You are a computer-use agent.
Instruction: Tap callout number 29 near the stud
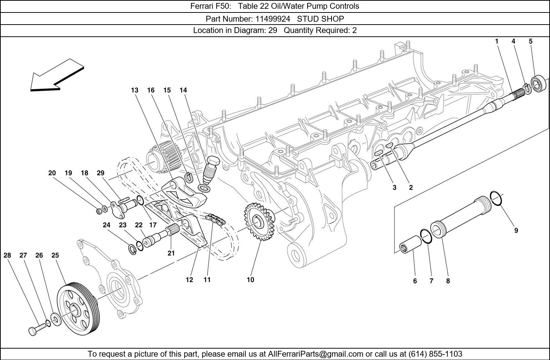pos(100,173)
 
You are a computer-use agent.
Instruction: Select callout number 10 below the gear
pos(250,280)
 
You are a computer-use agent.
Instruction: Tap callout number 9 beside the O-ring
pos(516,231)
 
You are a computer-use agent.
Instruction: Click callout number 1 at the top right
pos(497,41)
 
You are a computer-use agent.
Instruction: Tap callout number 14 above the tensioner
pos(183,90)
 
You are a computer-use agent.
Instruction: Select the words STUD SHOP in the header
pos(320,19)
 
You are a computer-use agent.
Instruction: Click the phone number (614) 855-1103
pos(435,354)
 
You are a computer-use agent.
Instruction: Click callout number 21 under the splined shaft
pos(171,253)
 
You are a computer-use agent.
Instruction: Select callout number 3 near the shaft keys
pos(394,188)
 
